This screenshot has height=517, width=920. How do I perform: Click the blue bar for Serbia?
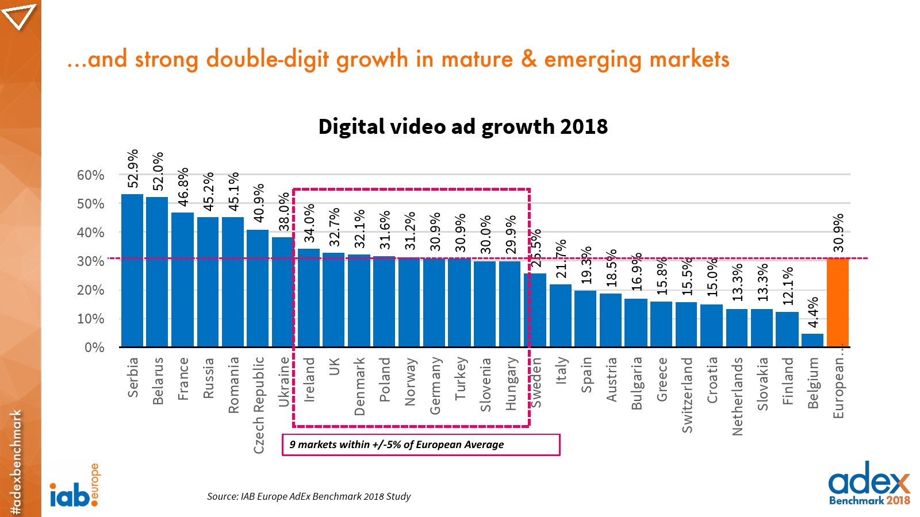132,270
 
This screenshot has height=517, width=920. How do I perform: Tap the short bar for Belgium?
812,340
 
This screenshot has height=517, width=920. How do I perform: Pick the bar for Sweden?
538,310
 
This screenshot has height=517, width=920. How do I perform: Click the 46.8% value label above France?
183,187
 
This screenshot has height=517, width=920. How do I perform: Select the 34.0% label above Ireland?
309,223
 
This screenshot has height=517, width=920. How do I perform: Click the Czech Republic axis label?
259,405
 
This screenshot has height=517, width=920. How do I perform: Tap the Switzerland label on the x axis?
687,395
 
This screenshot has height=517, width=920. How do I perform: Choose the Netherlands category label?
737,396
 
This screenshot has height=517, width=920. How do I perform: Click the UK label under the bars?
334,366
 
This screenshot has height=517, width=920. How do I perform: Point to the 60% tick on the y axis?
91,175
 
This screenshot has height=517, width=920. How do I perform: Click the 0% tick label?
94,348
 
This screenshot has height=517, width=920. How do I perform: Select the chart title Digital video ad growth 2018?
463,127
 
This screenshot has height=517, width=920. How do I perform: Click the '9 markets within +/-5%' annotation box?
421,445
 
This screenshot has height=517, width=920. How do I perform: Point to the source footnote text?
309,496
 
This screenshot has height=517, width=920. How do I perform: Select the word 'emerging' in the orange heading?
593,60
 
